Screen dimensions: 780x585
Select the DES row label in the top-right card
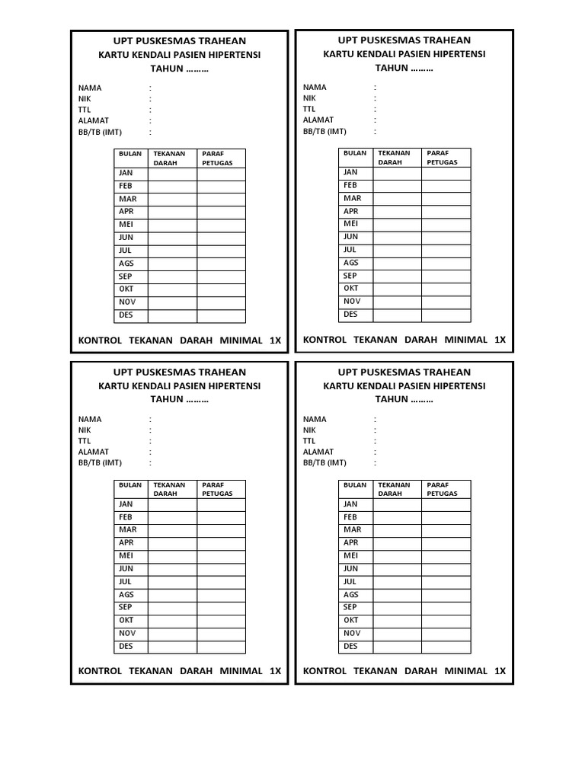coord(350,314)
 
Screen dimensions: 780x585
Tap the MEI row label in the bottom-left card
coord(126,556)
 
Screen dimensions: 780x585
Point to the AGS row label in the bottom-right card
coord(350,595)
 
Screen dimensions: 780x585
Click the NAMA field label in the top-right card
coord(315,88)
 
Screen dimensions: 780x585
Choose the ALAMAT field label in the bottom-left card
coord(94,452)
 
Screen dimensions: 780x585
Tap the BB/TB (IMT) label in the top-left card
coord(100,131)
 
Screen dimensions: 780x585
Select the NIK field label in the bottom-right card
coord(309,430)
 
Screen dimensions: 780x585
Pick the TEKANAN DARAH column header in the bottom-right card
coord(394,489)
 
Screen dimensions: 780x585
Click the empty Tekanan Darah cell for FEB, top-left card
coord(172,186)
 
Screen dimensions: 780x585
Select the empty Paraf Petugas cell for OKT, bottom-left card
coord(221,620)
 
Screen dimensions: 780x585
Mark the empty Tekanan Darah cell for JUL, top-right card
coord(397,250)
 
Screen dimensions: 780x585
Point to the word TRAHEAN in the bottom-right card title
coord(445,372)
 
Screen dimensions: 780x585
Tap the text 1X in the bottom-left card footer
coord(275,671)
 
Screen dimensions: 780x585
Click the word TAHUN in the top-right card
coord(391,68)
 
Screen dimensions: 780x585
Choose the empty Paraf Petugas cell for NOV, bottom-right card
coord(446,633)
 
